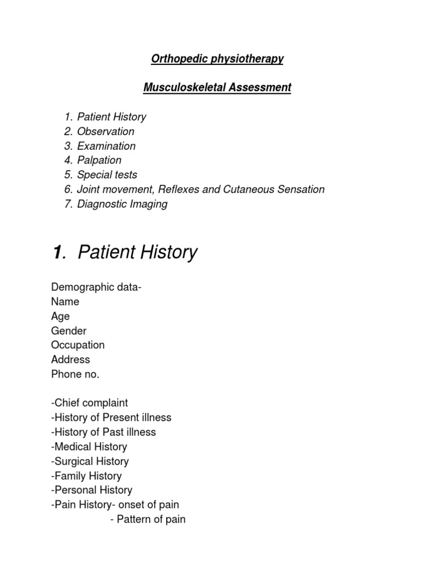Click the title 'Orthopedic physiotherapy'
(216, 59)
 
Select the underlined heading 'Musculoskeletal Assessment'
(217, 88)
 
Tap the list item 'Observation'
(106, 132)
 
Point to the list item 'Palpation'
(99, 161)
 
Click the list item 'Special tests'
(107, 175)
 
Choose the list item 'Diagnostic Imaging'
(122, 204)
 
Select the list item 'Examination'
(106, 146)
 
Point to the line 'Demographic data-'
(96, 287)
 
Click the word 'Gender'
(69, 331)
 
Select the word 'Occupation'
(78, 345)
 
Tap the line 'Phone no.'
(75, 374)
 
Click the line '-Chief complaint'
(90, 403)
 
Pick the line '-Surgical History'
(90, 461)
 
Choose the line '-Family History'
(86, 476)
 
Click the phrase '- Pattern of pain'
(147, 519)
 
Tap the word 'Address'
(71, 360)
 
